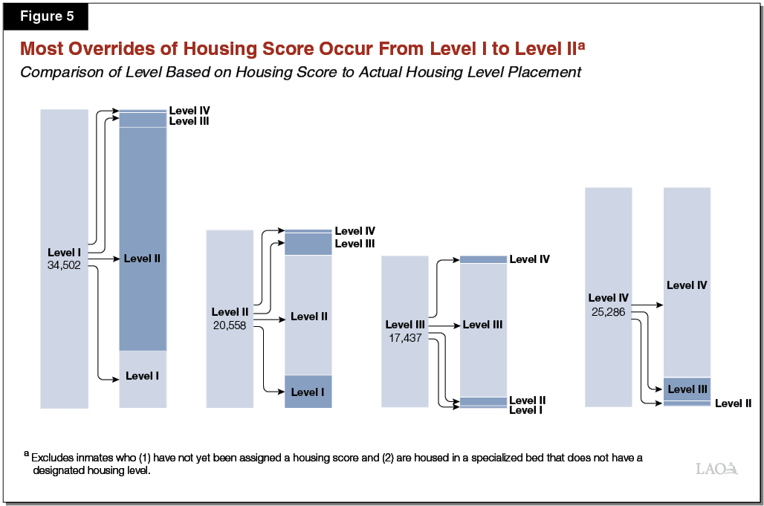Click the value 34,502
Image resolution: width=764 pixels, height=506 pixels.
tap(64, 265)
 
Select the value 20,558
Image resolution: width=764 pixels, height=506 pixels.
tap(229, 325)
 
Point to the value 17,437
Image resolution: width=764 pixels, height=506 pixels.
tap(404, 337)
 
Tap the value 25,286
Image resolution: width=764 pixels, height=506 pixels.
tap(608, 311)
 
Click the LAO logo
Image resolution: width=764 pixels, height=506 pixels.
tap(716, 468)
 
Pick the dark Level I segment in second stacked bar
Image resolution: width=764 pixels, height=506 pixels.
tap(308, 392)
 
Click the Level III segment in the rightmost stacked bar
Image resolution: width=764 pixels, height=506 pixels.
tap(687, 389)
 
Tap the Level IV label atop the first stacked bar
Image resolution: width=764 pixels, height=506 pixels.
tap(189, 111)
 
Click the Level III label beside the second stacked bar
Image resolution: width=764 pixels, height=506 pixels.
tap(355, 244)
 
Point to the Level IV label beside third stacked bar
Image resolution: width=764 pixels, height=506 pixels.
tap(529, 259)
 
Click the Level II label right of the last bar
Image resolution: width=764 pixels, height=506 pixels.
tap(733, 403)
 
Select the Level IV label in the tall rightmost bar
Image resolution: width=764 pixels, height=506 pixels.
tap(686, 285)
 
